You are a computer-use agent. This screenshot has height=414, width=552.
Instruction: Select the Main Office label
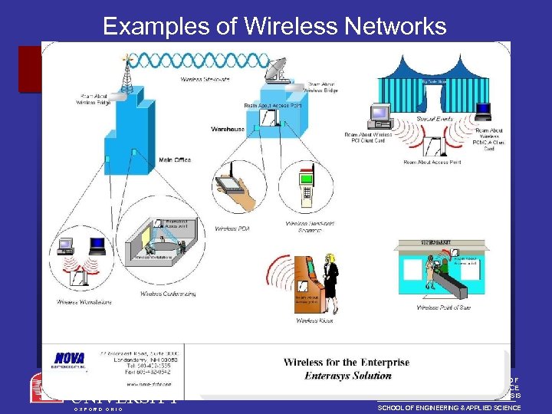(x=175, y=159)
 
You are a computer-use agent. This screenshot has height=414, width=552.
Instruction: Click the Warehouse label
(x=228, y=129)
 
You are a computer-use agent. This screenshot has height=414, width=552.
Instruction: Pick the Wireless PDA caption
(x=232, y=228)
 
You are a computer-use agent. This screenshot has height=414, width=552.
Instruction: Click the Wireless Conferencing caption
(x=168, y=294)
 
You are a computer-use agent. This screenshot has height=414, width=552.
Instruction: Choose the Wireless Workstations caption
(x=84, y=302)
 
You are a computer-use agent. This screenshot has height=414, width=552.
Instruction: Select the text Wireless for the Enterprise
(x=347, y=363)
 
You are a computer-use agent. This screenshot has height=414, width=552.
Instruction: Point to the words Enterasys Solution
(x=347, y=376)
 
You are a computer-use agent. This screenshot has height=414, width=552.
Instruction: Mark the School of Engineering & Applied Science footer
(x=449, y=408)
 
